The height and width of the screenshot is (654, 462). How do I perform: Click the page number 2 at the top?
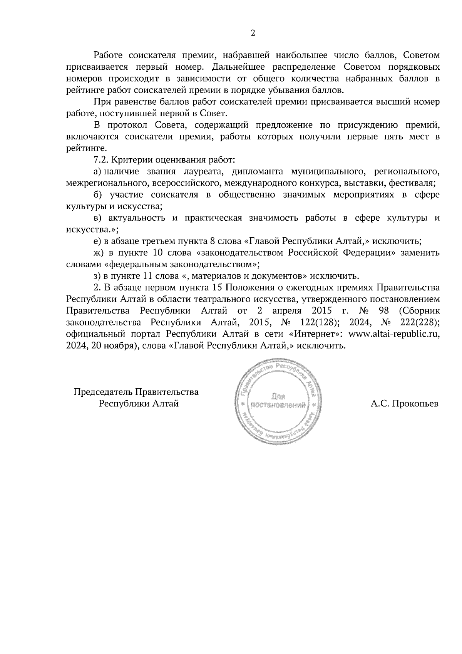point(253,33)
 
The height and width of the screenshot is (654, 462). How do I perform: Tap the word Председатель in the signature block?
point(103,392)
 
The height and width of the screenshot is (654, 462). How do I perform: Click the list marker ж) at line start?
point(99,253)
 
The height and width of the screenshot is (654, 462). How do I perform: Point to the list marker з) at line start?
point(97,276)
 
